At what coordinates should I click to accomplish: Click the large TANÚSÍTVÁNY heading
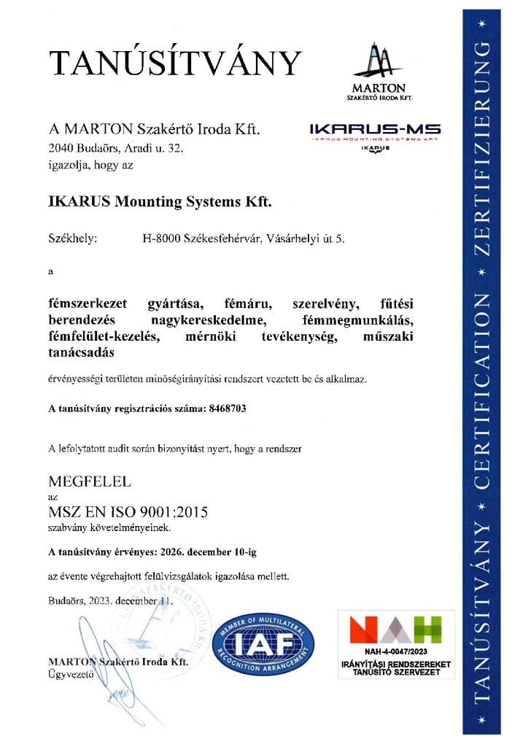(175, 64)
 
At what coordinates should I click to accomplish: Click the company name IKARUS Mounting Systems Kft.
(160, 201)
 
